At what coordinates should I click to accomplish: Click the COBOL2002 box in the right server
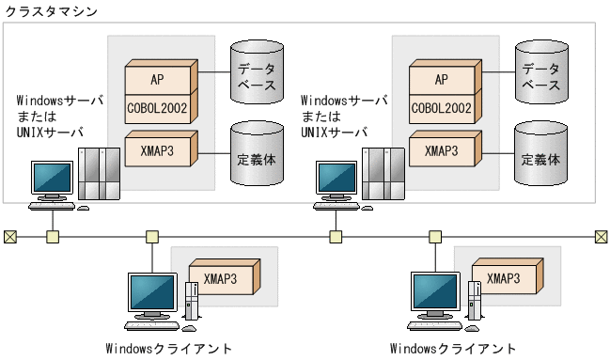441,108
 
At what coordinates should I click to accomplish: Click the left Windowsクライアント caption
168,350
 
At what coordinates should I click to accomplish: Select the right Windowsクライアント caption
452,350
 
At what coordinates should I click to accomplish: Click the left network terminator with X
9,236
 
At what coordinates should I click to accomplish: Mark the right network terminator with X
601,236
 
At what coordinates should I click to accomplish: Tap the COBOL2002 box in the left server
157,108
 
